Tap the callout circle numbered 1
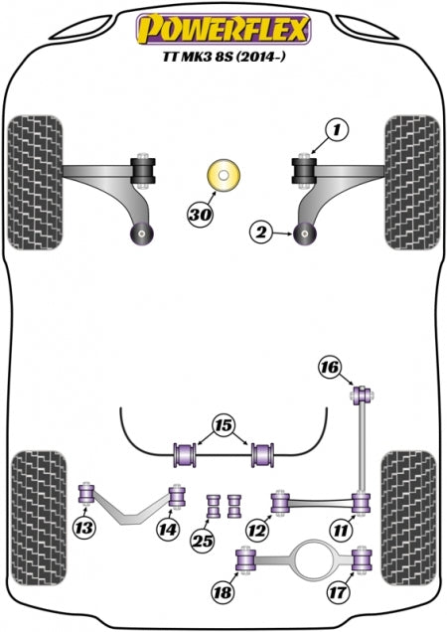click(337, 129)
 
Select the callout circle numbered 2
click(261, 234)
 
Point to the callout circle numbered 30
click(200, 212)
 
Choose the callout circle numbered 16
click(328, 369)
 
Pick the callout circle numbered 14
click(168, 531)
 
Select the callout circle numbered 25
click(204, 540)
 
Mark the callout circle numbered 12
click(258, 531)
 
